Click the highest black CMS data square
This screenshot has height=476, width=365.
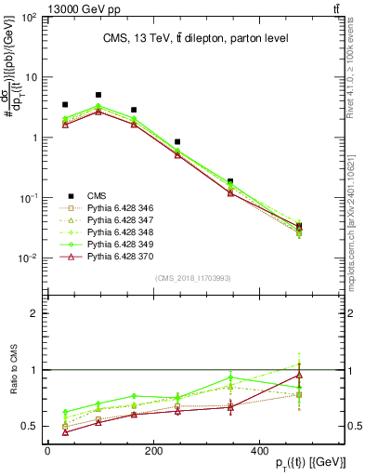point(98,95)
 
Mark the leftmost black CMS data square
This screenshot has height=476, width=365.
point(64,105)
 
